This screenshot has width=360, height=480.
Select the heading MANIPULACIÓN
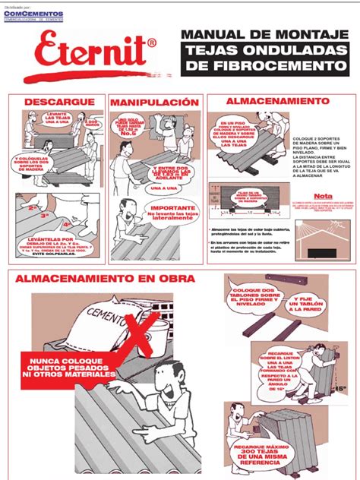click(154, 102)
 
